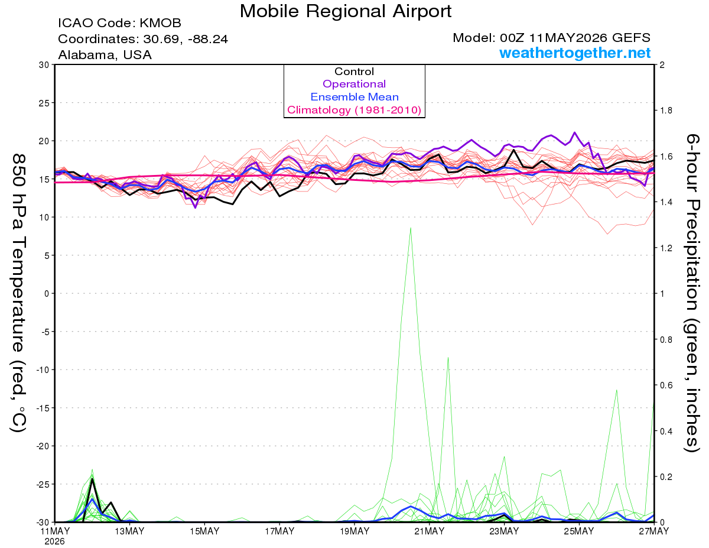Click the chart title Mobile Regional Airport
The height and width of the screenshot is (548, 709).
click(346, 11)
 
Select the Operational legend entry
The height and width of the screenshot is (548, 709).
click(354, 84)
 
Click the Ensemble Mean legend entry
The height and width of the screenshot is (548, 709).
click(354, 97)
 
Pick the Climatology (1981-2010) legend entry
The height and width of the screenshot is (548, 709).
click(354, 110)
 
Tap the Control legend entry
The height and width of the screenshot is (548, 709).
click(354, 72)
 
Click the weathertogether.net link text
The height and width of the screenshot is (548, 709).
click(575, 53)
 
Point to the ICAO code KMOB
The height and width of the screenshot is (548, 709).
click(160, 23)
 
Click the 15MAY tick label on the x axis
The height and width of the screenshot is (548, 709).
click(204, 531)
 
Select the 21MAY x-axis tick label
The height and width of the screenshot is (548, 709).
click(430, 531)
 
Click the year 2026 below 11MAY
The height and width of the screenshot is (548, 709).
click(54, 542)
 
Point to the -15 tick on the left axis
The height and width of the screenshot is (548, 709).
click(43, 408)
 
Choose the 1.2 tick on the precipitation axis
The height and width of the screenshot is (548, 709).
click(665, 248)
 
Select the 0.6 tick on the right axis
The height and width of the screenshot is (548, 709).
click(665, 385)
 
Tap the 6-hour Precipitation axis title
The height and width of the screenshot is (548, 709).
click(692, 293)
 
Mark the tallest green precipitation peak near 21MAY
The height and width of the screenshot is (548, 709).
click(411, 228)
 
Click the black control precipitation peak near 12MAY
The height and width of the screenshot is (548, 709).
click(92, 479)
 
